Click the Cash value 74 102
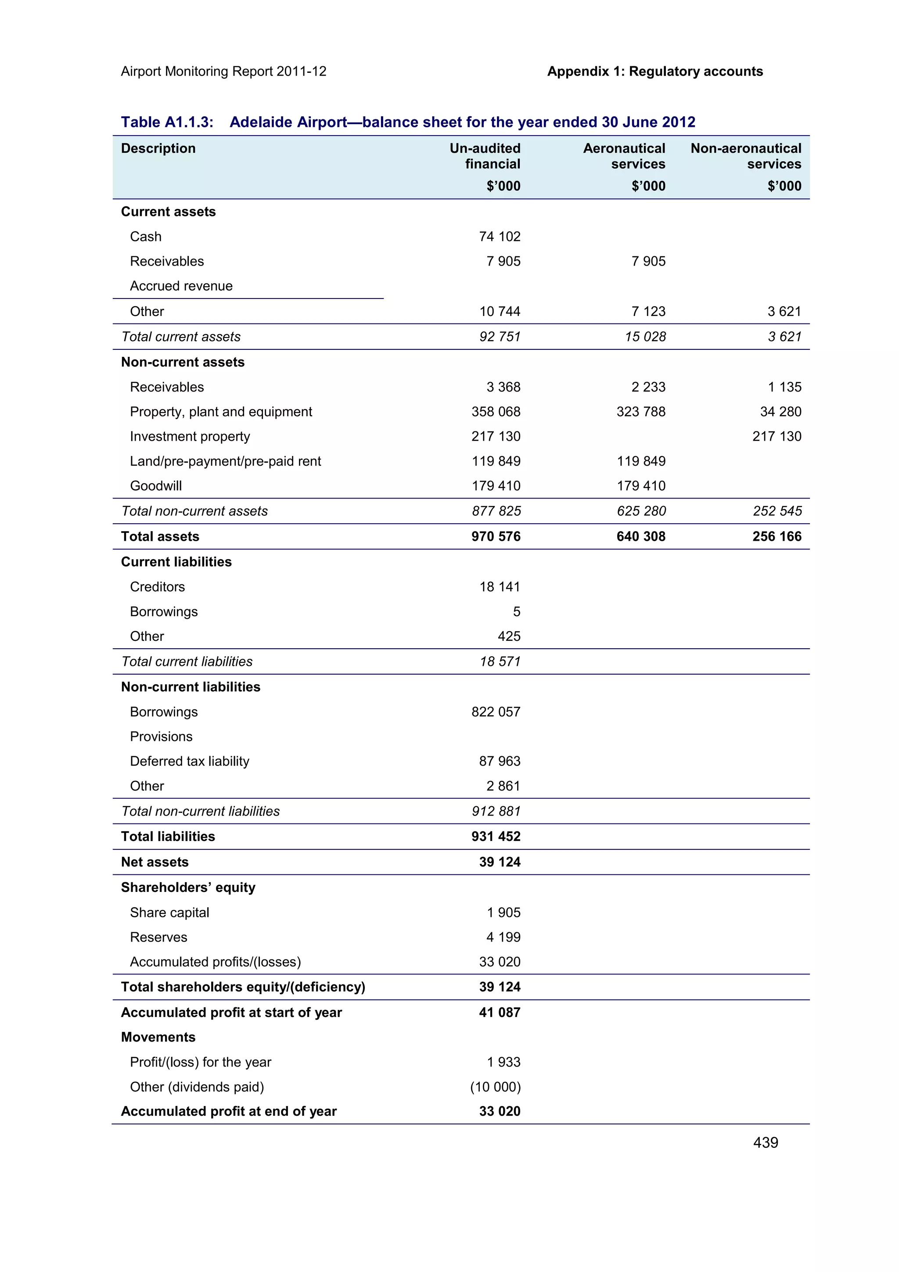pyautogui.click(x=499, y=237)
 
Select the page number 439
pyautogui.click(x=766, y=1143)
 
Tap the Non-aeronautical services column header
pyautogui.click(x=745, y=156)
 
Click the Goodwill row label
pyautogui.click(x=156, y=486)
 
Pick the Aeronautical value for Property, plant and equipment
pyautogui.click(x=641, y=412)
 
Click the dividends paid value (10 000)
pyautogui.click(x=495, y=1087)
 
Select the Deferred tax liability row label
pyautogui.click(x=190, y=761)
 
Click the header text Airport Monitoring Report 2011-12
pyautogui.click(x=223, y=72)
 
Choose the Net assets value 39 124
pyautogui.click(x=500, y=862)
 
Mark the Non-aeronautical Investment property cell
pyautogui.click(x=777, y=437)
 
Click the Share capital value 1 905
pyautogui.click(x=503, y=913)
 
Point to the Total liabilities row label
pyautogui.click(x=168, y=837)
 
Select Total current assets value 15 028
pyautogui.click(x=645, y=337)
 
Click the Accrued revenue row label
pyautogui.click(x=181, y=286)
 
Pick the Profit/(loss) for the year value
pyautogui.click(x=503, y=1062)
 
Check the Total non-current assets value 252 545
pyautogui.click(x=777, y=511)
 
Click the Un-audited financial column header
pyautogui.click(x=485, y=156)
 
